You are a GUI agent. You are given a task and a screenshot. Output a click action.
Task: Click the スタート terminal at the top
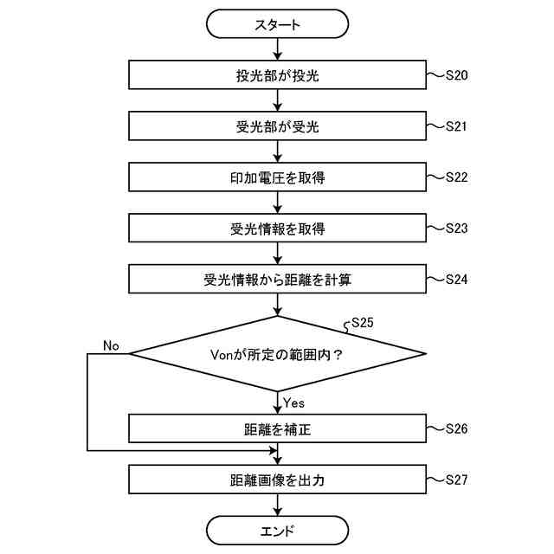click(x=277, y=24)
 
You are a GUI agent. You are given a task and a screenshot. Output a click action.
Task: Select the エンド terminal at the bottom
click(x=277, y=530)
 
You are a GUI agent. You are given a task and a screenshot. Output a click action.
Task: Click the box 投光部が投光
click(x=277, y=75)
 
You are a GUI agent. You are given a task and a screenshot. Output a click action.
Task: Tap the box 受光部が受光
click(x=277, y=126)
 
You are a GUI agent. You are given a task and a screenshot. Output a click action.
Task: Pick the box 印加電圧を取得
click(x=277, y=177)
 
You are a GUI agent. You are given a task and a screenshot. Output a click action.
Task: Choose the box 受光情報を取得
click(x=277, y=229)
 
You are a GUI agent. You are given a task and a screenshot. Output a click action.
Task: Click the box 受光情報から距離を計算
click(x=277, y=280)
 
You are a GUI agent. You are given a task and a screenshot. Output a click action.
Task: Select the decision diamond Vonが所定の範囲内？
click(x=277, y=353)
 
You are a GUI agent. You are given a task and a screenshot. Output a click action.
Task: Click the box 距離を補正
click(x=277, y=428)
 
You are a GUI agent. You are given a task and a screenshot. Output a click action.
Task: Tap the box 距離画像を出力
click(x=277, y=480)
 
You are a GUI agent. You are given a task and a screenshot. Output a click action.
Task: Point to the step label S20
click(x=456, y=75)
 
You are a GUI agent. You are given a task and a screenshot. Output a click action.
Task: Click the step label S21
click(x=456, y=126)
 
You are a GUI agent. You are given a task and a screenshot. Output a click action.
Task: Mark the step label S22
click(x=456, y=177)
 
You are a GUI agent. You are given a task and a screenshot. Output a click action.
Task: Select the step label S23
click(x=456, y=229)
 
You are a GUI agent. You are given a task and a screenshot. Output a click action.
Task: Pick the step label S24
click(x=456, y=280)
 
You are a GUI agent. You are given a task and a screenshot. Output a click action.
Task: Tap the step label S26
click(x=456, y=428)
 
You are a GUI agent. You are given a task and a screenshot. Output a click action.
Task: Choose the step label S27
click(x=456, y=480)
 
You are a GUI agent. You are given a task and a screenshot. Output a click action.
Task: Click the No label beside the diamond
click(x=111, y=345)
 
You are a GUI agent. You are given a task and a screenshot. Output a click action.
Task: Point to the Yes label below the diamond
click(x=294, y=403)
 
